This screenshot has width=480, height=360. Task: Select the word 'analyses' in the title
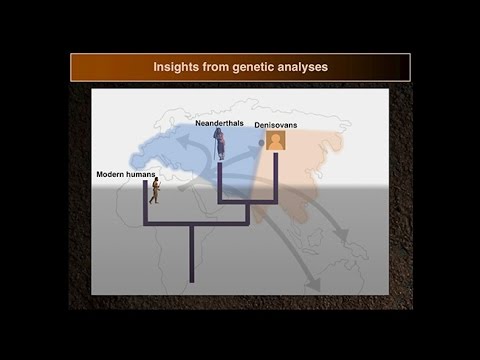pos(304,68)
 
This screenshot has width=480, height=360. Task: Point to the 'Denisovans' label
pos(276,126)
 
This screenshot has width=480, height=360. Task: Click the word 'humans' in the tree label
pos(143,174)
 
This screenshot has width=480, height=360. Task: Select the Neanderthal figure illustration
pos(221,143)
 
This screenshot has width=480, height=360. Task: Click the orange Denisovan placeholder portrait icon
pos(275,141)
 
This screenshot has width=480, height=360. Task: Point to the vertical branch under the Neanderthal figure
pos(220,180)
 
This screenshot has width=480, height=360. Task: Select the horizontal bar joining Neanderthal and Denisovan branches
pos(247,202)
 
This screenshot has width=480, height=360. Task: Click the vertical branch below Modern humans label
pos(146,205)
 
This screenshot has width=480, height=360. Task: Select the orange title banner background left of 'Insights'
pos(110,68)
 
